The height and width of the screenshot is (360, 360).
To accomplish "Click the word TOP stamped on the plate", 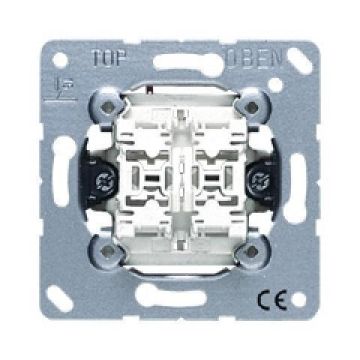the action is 109,58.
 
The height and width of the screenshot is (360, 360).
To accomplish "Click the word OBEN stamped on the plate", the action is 255,60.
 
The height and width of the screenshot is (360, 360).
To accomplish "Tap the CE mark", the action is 272,299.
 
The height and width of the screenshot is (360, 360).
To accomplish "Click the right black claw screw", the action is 257,181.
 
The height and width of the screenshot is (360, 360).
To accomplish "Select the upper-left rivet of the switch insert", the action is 107,107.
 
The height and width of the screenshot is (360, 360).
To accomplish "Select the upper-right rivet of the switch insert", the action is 252,107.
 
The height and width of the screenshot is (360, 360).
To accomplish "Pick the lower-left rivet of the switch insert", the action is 107,251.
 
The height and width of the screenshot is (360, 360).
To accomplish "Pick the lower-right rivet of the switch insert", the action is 252,251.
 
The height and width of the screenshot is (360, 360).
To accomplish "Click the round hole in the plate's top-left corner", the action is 60,61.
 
